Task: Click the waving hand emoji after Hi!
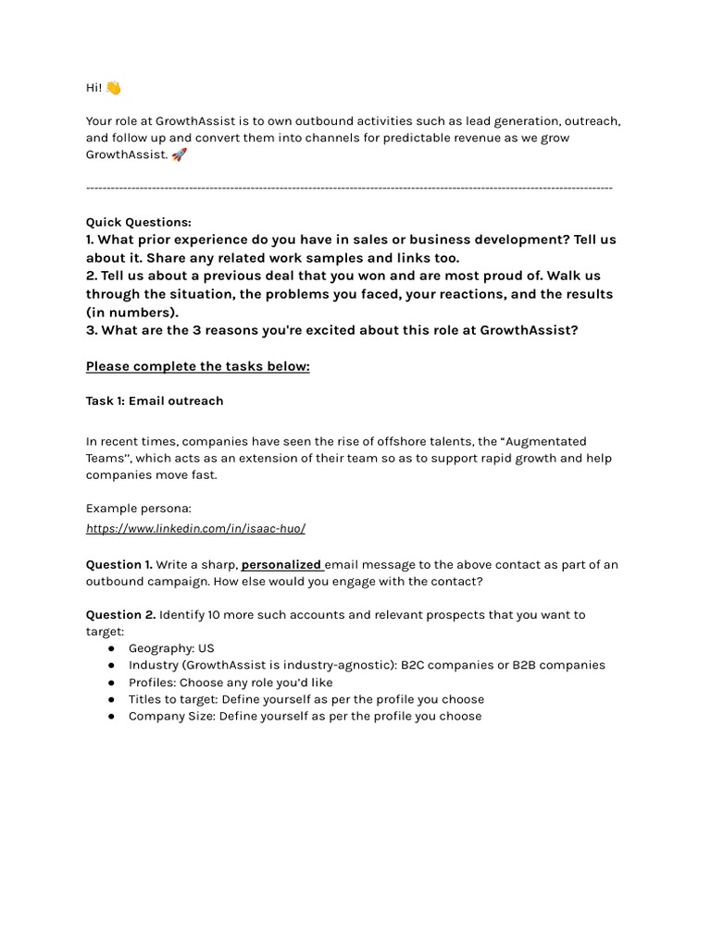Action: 113,88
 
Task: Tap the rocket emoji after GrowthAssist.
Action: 180,154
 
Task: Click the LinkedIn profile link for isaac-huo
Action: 195,528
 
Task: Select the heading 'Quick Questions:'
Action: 139,222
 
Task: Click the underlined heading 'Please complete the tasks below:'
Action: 197,366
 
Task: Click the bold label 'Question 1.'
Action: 119,564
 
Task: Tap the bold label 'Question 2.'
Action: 120,614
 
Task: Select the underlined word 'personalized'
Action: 281,564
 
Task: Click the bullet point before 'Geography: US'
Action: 111,648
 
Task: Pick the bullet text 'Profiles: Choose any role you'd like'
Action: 231,683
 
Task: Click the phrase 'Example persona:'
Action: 139,508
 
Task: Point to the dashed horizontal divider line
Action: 349,189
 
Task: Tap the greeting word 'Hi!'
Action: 94,88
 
